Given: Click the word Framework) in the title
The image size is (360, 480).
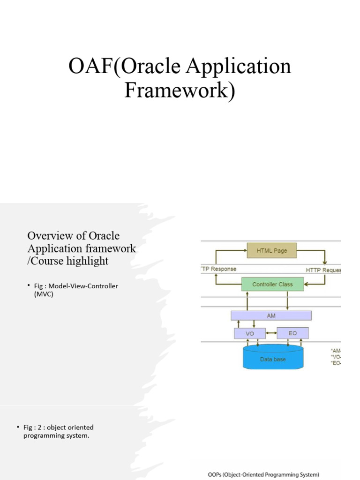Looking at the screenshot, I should (x=180, y=90).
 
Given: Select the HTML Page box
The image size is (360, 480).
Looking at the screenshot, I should (x=272, y=250).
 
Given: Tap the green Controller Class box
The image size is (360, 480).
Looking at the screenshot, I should (x=272, y=284).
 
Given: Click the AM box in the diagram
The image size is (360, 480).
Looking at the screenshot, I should (x=271, y=315).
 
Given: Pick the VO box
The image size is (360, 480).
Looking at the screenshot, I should (x=249, y=333).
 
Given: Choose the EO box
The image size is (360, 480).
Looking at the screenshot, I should (x=293, y=333).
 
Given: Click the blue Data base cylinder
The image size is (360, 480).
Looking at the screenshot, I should (x=273, y=358).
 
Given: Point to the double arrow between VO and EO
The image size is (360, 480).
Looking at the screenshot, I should (x=271, y=333).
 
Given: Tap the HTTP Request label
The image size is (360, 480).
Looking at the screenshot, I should (x=323, y=270).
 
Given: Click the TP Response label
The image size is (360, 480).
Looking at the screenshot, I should (x=218, y=269).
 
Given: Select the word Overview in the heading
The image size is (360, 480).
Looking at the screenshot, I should (x=48, y=235).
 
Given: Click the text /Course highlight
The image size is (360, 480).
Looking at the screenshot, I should (x=68, y=261).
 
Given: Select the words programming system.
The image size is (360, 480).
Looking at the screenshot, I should (x=56, y=436).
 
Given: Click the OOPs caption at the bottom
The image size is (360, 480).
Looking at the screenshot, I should (x=263, y=474).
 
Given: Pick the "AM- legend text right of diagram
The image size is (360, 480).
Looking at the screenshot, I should (x=336, y=350).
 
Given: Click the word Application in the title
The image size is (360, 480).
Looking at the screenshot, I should (x=239, y=67).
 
